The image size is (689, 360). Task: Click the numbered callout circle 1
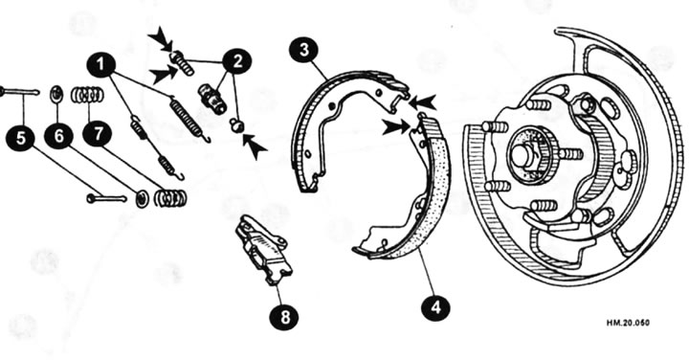click(x=101, y=64)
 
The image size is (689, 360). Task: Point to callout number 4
click(x=435, y=309)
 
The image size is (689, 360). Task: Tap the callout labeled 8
click(x=281, y=317)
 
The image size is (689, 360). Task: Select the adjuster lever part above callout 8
click(x=261, y=247)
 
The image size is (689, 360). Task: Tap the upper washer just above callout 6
click(x=56, y=94)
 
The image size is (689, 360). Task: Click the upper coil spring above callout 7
click(x=88, y=94)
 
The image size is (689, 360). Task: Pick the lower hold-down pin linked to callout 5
click(x=105, y=198)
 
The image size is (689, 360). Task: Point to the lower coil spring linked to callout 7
click(x=171, y=198)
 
